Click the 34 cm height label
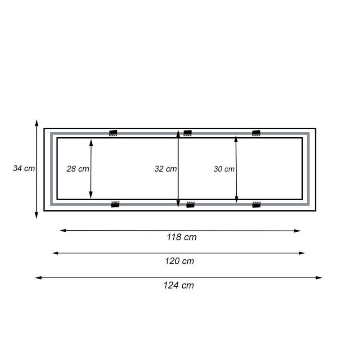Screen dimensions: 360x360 click(x=24, y=168)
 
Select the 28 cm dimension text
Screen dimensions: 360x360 click(x=77, y=169)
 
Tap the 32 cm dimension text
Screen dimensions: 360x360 click(x=165, y=169)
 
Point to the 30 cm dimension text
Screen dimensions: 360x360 click(x=224, y=169)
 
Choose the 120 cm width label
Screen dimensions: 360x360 click(x=179, y=261)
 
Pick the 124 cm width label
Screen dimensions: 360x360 click(x=179, y=285)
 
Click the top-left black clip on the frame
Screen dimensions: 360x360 click(x=113, y=133)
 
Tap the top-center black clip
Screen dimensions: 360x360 click(x=188, y=133)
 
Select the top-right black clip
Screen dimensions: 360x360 click(x=256, y=133)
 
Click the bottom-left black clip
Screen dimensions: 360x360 click(x=115, y=204)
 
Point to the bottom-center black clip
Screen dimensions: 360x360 click(x=190, y=204)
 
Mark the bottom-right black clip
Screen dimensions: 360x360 click(x=256, y=204)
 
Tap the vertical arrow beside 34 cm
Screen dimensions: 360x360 click(x=37, y=189)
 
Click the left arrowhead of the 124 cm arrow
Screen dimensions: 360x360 click(x=38, y=278)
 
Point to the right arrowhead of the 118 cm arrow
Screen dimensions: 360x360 click(x=297, y=231)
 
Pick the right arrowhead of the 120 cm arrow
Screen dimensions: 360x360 click(x=302, y=253)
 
